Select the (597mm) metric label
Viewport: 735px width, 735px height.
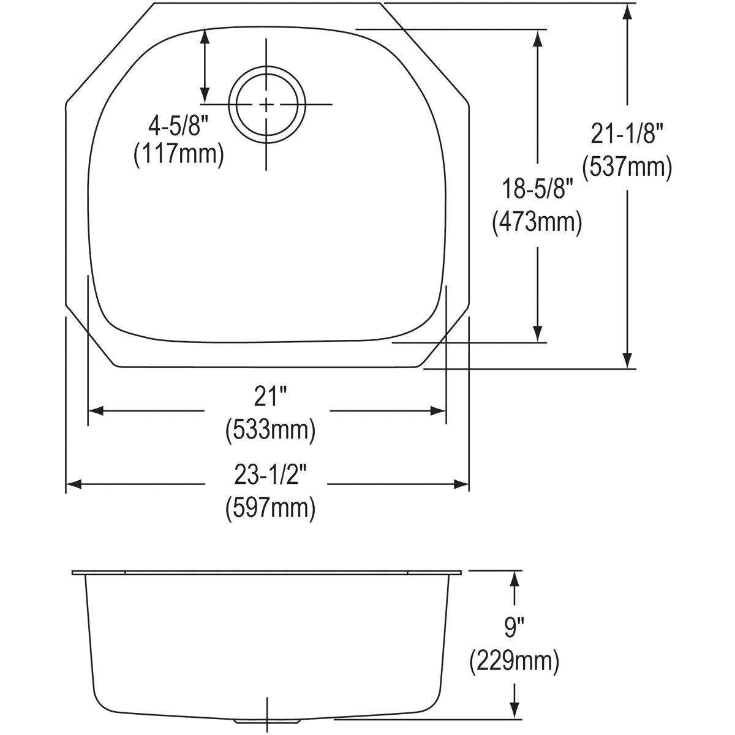click(x=270, y=508)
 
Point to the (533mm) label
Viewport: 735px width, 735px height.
click(x=270, y=430)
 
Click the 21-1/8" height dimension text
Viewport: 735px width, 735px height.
click(x=627, y=134)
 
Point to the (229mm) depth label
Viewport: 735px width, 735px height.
click(x=514, y=661)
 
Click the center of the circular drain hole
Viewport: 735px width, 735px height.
click(x=266, y=105)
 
